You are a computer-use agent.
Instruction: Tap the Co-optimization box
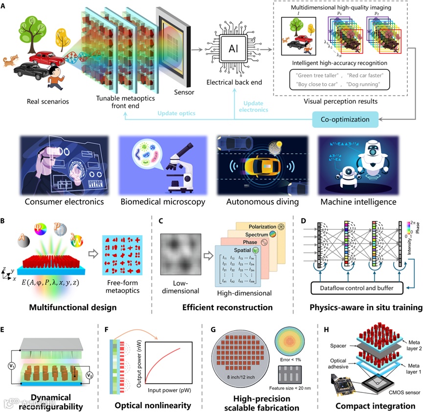(x=345, y=120)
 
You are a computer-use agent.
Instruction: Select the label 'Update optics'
(x=176, y=114)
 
